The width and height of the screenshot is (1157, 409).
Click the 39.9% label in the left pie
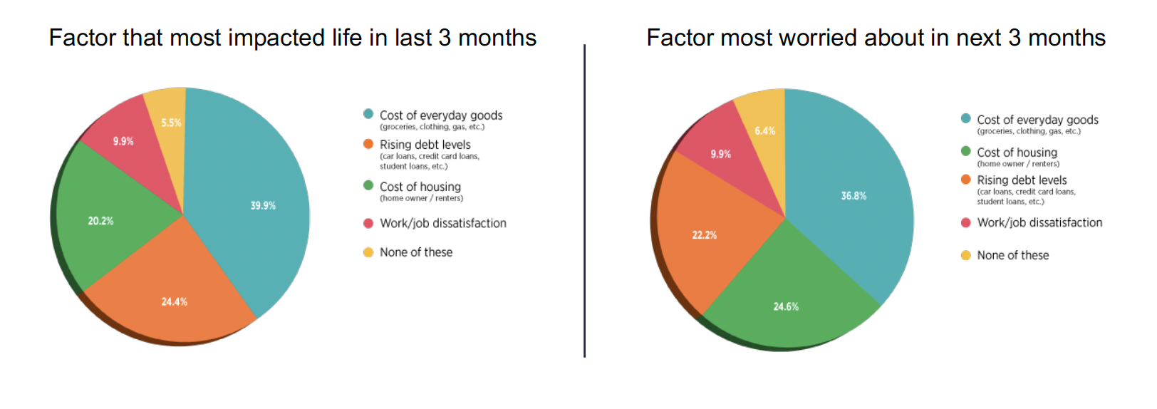[263, 206]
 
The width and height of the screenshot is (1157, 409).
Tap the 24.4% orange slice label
[174, 302]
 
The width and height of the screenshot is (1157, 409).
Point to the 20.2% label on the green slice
[100, 222]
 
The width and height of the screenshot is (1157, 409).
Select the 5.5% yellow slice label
[171, 123]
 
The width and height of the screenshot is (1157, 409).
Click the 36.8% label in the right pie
[854, 196]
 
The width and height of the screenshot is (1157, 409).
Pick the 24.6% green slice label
[786, 307]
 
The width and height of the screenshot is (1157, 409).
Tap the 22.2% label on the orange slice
[705, 235]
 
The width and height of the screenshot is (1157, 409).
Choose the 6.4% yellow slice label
[765, 131]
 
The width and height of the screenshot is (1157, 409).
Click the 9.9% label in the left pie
[123, 142]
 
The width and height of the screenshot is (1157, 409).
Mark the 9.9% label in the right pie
[720, 155]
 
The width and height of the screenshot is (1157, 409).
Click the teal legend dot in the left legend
[368, 114]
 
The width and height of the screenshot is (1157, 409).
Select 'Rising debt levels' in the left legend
[425, 145]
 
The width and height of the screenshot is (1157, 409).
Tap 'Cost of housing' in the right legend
[1017, 152]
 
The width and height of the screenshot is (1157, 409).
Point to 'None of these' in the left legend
[416, 252]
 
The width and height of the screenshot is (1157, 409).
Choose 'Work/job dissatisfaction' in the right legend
[1039, 223]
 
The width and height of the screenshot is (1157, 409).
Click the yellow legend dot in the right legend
[965, 255]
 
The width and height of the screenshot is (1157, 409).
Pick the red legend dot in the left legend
[368, 223]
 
